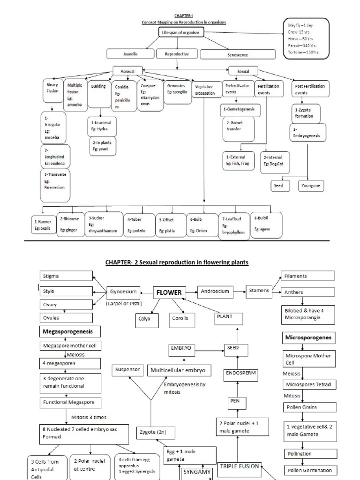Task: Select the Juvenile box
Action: click(130, 54)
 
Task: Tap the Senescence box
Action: click(237, 55)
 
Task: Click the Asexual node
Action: click(127, 71)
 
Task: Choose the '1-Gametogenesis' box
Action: click(239, 109)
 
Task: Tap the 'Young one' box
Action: click(311, 186)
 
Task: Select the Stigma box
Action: click(66, 276)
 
